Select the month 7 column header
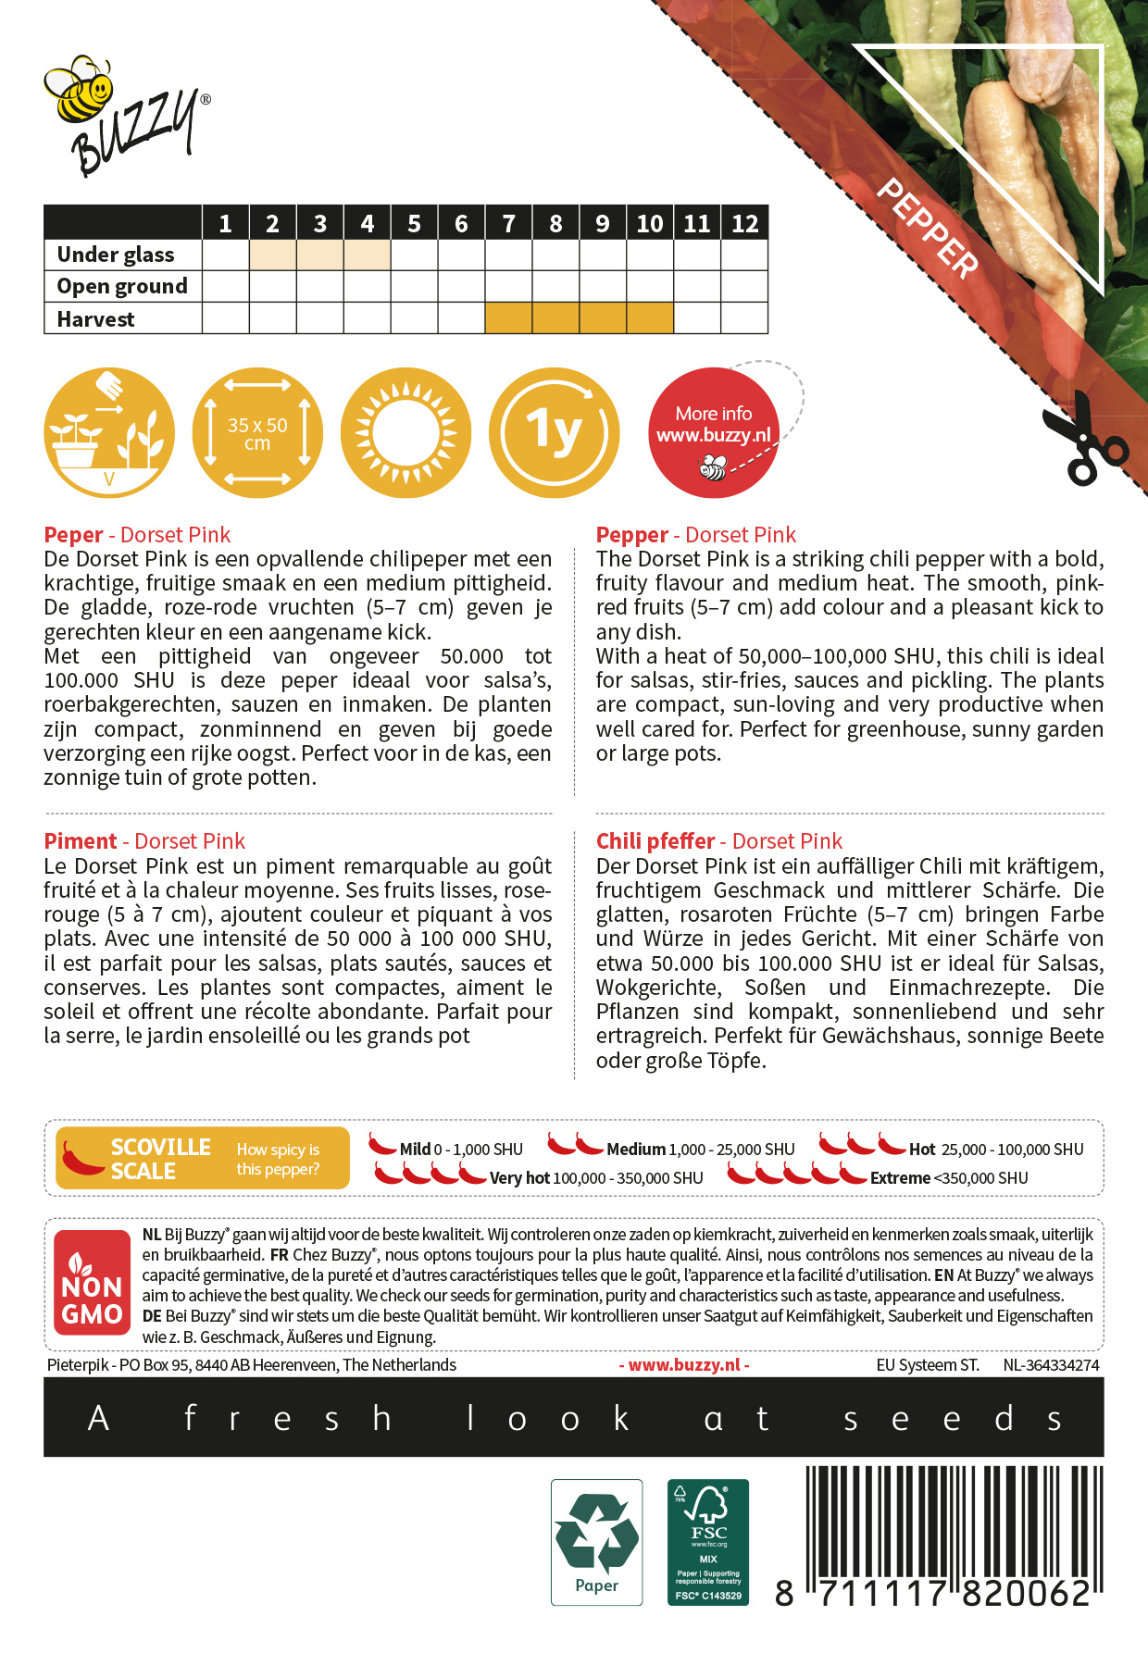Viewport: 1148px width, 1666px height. (508, 223)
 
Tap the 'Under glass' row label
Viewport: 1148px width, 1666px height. (116, 255)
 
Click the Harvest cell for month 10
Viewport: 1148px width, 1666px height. (650, 318)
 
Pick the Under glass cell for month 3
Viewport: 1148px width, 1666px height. (319, 255)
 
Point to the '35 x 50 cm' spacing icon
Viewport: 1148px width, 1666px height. (257, 433)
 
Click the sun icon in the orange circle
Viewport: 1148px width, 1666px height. (406, 433)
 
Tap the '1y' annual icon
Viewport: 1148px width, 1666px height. (554, 433)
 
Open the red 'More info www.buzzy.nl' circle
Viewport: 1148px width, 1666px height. (713, 433)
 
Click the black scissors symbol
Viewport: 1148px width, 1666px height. (1083, 440)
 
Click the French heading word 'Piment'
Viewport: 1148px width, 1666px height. (81, 841)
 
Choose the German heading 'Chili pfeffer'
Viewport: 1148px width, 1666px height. (655, 841)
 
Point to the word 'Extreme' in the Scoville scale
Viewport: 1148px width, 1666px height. (900, 1178)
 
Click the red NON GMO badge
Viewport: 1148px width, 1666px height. (92, 1283)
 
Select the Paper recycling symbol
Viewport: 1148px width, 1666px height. (596, 1541)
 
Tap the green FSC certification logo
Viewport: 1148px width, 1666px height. (708, 1541)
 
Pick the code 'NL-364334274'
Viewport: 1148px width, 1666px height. (1051, 1365)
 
